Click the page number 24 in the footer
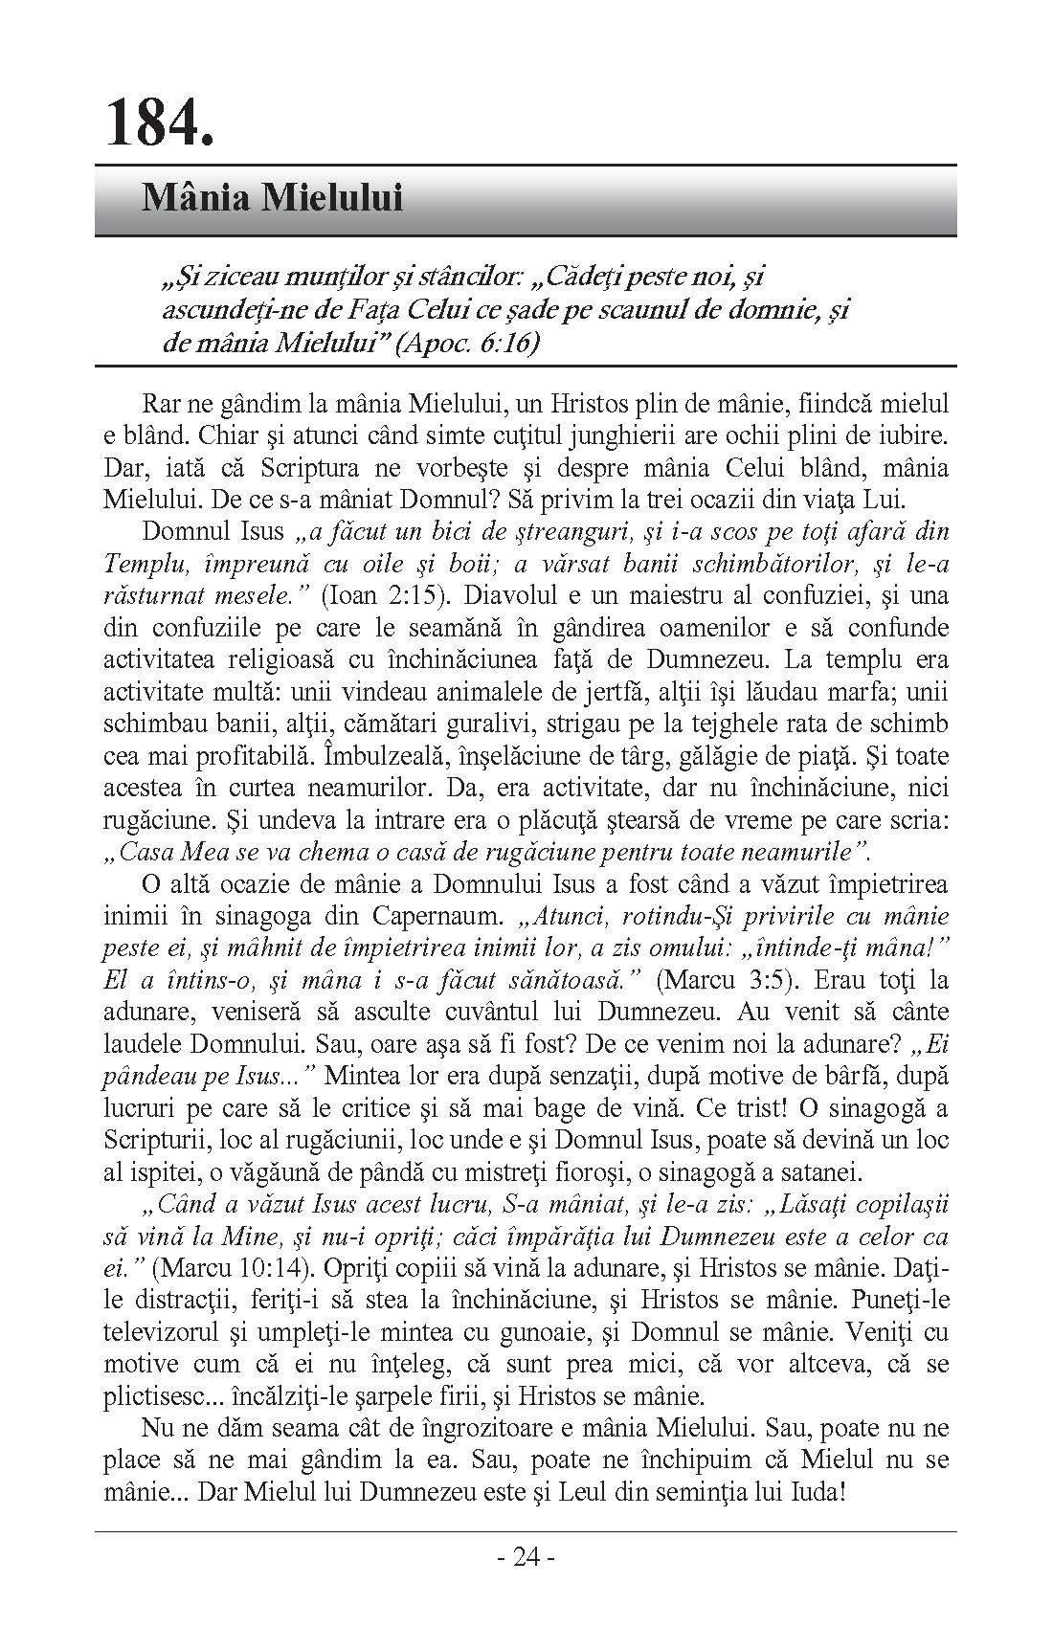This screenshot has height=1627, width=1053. (526, 1557)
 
